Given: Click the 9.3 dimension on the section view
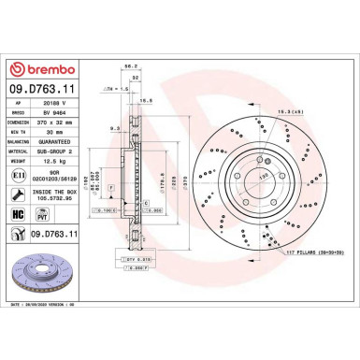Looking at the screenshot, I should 112,128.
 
